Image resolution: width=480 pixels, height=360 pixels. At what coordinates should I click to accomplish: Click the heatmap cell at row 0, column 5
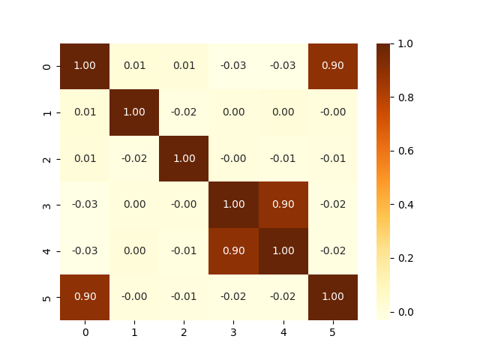[x=332, y=66]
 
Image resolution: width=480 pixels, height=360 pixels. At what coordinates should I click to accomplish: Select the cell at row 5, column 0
[x=85, y=297]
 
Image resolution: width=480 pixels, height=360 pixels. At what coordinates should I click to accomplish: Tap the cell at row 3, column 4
[x=283, y=205]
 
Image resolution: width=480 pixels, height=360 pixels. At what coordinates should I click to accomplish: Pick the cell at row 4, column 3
[x=233, y=251]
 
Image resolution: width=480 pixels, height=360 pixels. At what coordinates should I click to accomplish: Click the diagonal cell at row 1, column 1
[x=134, y=112]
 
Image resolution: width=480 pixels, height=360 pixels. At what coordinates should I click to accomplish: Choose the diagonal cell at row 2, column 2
[x=184, y=158]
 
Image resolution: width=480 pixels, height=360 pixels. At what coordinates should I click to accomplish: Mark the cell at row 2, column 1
[x=134, y=158]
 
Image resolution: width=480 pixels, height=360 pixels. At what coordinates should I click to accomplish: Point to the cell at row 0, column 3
[x=233, y=66]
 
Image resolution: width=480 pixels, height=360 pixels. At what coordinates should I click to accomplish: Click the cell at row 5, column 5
[x=332, y=297]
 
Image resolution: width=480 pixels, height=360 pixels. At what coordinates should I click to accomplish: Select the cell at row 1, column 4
[x=283, y=112]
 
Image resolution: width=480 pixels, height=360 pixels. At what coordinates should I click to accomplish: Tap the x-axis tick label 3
[x=233, y=331]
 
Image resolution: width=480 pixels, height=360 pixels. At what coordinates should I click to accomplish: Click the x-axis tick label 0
[x=85, y=331]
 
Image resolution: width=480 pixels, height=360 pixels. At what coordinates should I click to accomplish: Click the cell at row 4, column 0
[x=85, y=251]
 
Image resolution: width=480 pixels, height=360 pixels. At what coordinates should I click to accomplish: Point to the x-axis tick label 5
[x=332, y=331]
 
